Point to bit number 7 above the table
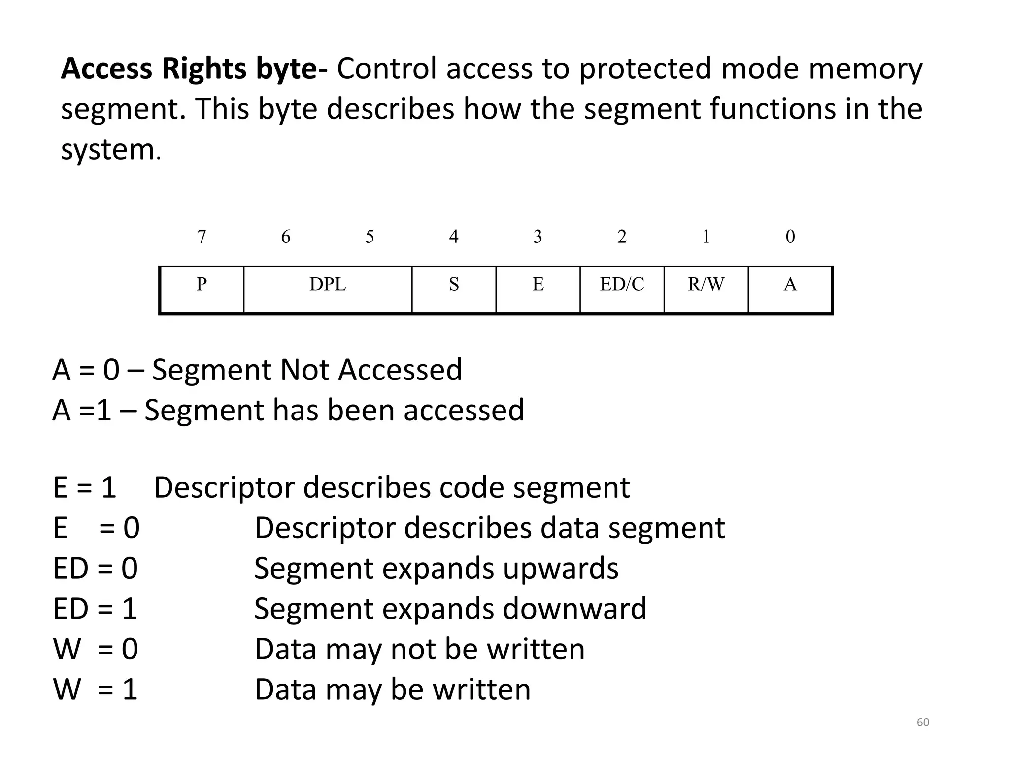[x=202, y=237]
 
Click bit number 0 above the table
[x=790, y=237]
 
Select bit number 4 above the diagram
[x=454, y=237]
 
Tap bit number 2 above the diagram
[x=622, y=237]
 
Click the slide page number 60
[x=923, y=723]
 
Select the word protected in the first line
[x=645, y=69]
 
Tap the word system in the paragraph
[x=107, y=150]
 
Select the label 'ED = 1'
[x=95, y=609]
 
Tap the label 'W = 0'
[x=95, y=649]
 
